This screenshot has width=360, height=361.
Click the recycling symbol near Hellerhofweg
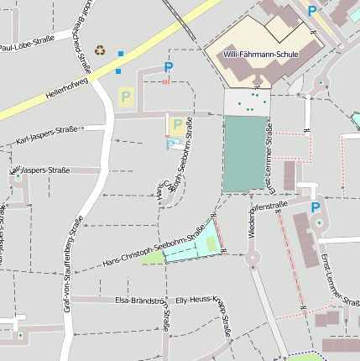click(101, 50)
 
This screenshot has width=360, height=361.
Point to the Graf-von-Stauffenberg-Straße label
click(73, 264)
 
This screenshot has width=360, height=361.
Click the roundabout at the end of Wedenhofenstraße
click(251, 259)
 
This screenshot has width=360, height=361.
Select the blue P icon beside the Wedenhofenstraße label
click(316, 207)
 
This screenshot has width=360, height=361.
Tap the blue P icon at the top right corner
click(312, 11)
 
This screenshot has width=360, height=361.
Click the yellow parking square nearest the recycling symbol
click(126, 97)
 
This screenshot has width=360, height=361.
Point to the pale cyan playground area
click(189, 250)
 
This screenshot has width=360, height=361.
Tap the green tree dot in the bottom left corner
click(20, 336)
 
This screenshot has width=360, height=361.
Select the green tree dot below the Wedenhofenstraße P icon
click(319, 222)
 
